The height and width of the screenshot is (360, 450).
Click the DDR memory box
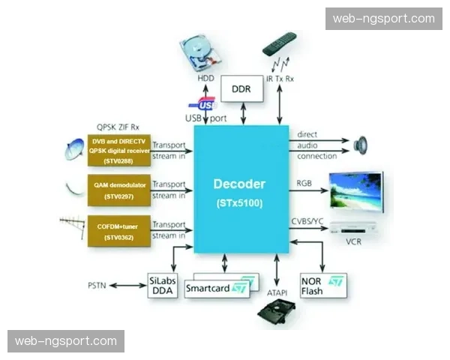pos(242,88)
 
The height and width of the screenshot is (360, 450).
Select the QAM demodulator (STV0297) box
pos(119,190)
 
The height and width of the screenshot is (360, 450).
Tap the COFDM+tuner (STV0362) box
pos(119,231)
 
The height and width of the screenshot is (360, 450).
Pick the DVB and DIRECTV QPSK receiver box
pos(119,151)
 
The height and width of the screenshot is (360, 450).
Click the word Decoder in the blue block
pos(239,184)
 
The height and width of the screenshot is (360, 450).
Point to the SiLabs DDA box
pos(163,285)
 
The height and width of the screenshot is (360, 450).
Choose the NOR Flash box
pos(323,285)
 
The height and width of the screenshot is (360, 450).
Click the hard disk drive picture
pos(200,54)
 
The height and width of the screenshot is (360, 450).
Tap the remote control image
pos(279,44)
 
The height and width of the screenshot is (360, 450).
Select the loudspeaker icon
pos(361,145)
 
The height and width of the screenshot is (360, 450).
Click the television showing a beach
pos(356,191)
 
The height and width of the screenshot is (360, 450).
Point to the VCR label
pos(353,241)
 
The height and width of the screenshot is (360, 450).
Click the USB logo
pos(203,104)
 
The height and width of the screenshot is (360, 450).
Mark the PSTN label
pos(97,286)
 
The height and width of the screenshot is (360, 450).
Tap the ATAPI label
pos(277,292)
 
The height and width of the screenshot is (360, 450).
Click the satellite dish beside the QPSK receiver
pos(74,149)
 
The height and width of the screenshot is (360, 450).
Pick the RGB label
pos(304,183)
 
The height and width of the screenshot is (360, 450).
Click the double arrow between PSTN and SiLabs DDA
pos(128,285)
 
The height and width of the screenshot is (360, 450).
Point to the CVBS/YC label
pos(307,221)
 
